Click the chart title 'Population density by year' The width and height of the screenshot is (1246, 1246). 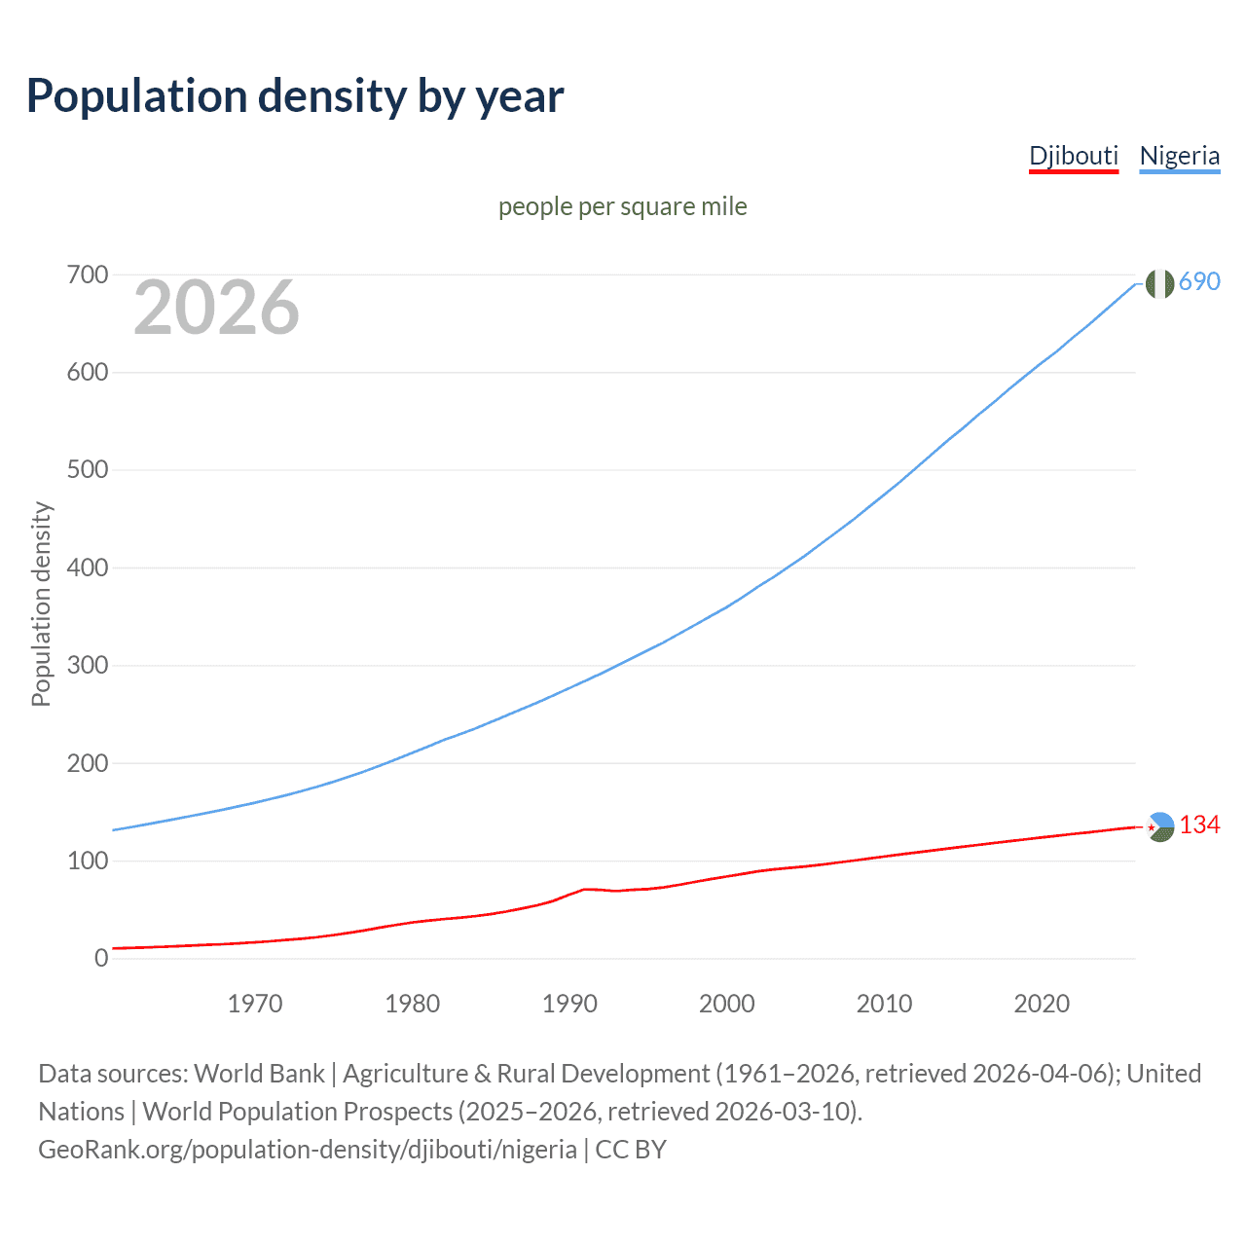point(295,96)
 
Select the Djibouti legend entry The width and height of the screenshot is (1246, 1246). point(1074,156)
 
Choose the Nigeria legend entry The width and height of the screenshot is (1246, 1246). point(1179,156)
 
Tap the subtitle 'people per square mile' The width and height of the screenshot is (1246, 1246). point(622,206)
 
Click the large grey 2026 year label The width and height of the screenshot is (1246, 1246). point(216,308)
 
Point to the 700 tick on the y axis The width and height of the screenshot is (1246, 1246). point(88,275)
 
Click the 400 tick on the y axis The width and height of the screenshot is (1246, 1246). point(88,568)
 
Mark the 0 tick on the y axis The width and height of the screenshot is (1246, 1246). point(101,959)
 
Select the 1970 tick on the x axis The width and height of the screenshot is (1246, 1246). point(255,1004)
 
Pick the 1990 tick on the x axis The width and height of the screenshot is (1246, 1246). point(569,1004)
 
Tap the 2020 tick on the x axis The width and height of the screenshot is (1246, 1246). point(1042,1004)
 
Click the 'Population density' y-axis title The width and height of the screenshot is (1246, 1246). point(41,604)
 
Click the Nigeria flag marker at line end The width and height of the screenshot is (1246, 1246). point(1159,283)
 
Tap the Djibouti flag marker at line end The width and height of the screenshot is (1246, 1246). point(1159,826)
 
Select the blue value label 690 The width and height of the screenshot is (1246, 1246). point(1199,281)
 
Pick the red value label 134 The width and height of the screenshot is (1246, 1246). point(1199,825)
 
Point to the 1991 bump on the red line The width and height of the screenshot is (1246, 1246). point(585,889)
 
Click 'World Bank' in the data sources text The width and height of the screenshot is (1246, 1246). point(259,1074)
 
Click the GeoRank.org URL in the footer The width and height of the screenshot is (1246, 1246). point(308,1150)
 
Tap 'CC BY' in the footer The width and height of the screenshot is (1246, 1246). point(631,1150)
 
